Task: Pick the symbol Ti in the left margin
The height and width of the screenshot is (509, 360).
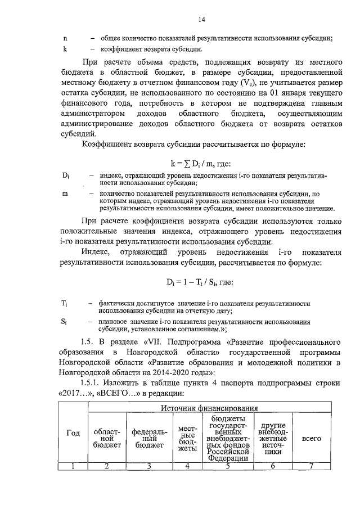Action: (64, 303)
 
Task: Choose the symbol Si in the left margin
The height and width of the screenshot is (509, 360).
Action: (64, 322)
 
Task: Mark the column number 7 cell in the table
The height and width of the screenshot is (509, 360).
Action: (312, 465)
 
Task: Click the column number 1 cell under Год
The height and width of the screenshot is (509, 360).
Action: (73, 465)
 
